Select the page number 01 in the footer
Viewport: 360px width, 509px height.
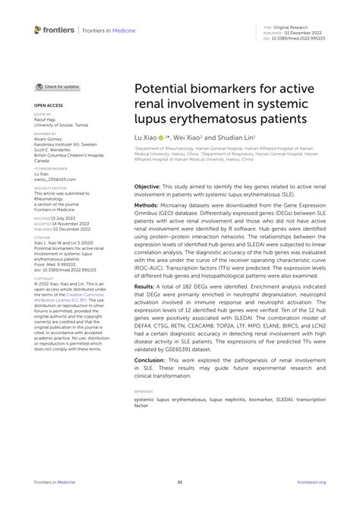pos(180,482)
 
